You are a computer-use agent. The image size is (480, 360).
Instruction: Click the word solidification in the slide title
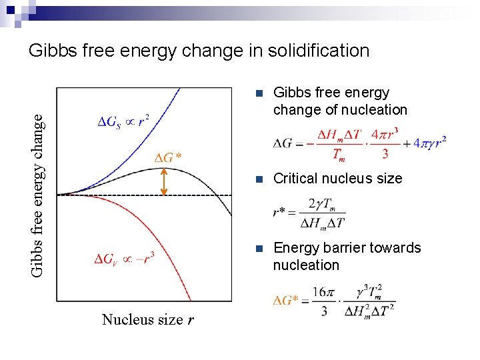coord(313,51)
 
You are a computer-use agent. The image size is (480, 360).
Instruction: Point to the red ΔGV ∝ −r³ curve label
coord(125,258)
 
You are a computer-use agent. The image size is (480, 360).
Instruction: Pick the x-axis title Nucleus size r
coord(148,320)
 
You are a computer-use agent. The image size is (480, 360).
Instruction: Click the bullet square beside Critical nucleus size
coord(259,179)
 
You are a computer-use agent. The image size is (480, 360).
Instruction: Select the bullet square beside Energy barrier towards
coord(259,248)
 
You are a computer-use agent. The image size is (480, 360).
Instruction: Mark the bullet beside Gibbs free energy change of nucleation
coord(259,93)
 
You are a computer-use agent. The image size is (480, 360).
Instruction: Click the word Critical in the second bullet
coord(296,179)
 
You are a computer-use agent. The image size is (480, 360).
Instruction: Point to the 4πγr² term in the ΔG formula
coord(429,142)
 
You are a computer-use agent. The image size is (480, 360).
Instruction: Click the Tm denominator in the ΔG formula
coord(339,153)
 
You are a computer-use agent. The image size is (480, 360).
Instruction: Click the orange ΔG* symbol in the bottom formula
coord(286,301)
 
